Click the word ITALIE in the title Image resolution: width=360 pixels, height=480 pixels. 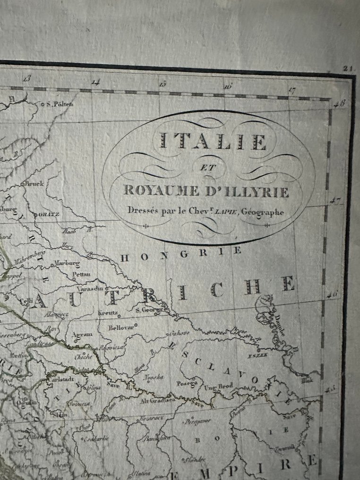(x=213, y=141)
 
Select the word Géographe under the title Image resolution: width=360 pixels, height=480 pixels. (x=262, y=212)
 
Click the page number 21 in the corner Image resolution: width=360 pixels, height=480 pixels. (x=349, y=69)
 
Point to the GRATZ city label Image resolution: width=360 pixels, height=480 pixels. (x=49, y=214)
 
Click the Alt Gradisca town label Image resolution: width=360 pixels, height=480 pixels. (x=157, y=401)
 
